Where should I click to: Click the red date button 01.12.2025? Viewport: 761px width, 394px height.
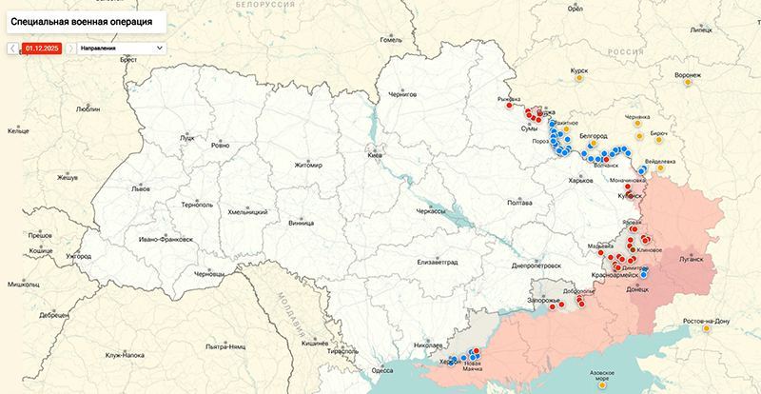click(42, 47)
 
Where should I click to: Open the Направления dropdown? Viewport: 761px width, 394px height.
click(120, 47)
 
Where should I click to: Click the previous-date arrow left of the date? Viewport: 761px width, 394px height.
click(13, 47)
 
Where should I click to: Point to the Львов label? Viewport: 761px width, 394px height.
click(141, 189)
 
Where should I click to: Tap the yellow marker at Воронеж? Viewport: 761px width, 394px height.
click(687, 84)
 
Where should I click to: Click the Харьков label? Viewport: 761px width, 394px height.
click(579, 180)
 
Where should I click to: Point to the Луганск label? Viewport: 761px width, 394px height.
click(691, 258)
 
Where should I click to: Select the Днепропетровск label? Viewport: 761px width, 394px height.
click(536, 266)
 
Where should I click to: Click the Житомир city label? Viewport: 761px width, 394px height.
click(308, 165)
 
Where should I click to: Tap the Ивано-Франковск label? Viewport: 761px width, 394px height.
click(166, 238)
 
